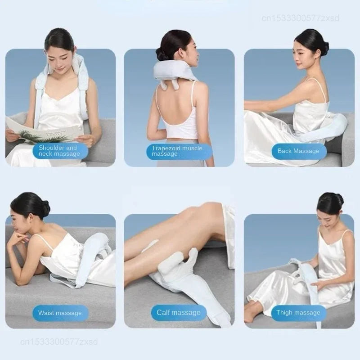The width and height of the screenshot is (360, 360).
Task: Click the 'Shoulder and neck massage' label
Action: click(x=59, y=151)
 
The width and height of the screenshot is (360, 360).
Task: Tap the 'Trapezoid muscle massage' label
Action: click(x=177, y=151)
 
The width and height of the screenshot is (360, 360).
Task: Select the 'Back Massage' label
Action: click(x=298, y=151)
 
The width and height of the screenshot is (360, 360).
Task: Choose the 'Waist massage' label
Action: click(x=60, y=313)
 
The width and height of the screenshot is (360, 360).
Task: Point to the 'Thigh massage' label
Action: click(x=298, y=312)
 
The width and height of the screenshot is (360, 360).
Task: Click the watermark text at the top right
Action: click(x=300, y=18)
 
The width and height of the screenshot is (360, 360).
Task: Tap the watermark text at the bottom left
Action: click(x=59, y=342)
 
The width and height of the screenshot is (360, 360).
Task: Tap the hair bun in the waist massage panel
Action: click(x=45, y=209)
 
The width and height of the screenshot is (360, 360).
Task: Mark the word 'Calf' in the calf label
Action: click(x=163, y=312)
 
